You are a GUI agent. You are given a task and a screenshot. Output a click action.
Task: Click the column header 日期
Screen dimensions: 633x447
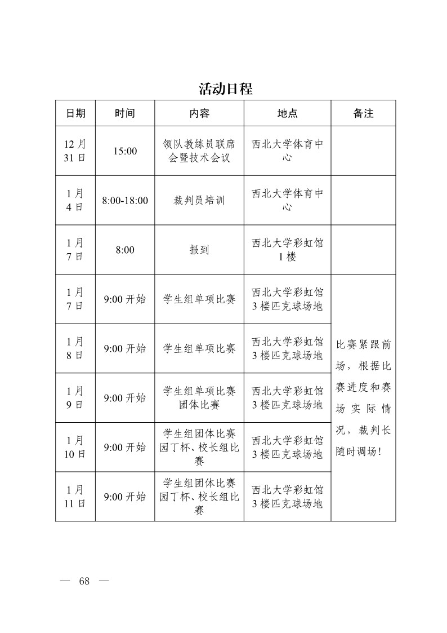75,113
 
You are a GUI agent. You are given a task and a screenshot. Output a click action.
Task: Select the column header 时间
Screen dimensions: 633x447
125,113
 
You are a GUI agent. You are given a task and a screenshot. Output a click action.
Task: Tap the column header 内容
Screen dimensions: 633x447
199,113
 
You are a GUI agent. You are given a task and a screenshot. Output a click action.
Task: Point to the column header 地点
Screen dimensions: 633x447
287,113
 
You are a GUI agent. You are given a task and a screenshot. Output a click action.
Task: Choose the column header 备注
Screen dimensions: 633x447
363,113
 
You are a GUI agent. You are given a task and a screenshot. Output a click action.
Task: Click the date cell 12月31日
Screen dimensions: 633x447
75,151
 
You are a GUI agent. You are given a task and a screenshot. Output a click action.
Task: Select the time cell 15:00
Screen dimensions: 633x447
125,151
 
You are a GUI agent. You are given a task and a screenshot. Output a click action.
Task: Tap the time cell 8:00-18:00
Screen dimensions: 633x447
125,200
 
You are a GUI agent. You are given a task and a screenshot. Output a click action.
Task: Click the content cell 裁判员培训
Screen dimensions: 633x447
199,200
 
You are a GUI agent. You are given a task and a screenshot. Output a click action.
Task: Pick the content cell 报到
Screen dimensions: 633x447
199,250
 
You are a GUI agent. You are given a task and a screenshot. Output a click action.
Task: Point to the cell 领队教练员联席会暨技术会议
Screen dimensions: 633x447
199,151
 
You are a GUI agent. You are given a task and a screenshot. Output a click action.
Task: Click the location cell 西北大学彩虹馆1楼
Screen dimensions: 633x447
287,250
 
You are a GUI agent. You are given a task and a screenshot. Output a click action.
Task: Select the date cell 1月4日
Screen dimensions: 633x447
75,200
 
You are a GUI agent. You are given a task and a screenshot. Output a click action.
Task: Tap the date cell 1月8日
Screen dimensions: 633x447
75,348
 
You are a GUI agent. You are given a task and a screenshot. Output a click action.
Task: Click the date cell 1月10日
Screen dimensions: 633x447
75,447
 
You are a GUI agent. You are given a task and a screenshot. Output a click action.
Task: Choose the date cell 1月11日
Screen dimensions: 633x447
75,497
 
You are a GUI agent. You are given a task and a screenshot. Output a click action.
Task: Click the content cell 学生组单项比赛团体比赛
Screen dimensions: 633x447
199,398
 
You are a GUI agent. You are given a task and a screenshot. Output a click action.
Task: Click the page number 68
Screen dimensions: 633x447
84,582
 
